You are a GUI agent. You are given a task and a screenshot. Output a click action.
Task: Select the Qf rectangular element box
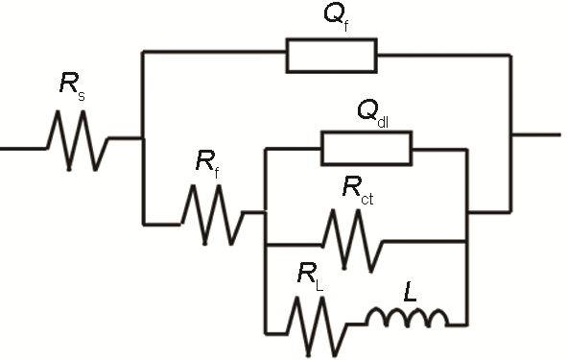click(331, 55)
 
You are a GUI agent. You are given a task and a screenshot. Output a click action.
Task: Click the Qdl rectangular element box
click(366, 148)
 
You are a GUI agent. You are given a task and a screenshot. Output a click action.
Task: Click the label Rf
click(207, 164)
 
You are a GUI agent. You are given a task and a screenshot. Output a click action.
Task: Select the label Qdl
click(372, 111)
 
